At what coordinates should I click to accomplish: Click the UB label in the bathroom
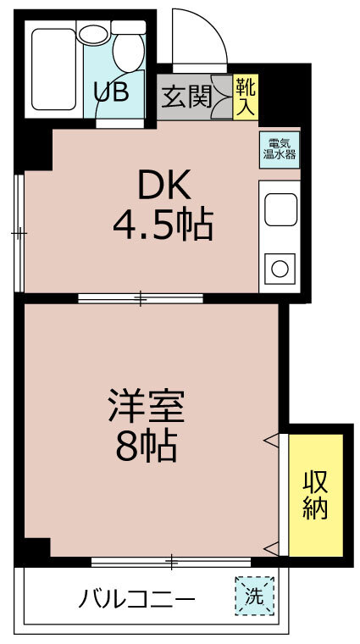pos(111,92)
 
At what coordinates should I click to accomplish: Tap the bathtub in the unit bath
pos(53,69)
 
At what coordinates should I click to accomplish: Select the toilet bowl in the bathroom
pos(129,53)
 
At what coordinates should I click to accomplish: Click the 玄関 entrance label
pos(186,97)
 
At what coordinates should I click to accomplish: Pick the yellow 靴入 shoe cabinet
pos(246,97)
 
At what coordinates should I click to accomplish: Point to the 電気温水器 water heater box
pos(280,149)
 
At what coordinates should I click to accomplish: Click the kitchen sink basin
pos(280,209)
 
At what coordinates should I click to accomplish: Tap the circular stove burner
pos(280,269)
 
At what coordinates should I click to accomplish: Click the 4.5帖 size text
pos(163,225)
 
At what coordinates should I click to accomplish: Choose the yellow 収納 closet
pos(316,495)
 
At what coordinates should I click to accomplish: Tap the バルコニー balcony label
pos(136,602)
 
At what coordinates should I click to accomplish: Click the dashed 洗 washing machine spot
pos(254,596)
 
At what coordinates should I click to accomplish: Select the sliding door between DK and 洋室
pos(141,298)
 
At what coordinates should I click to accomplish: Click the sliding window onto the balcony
pos(171,562)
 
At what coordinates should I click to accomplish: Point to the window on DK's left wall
pos(19,233)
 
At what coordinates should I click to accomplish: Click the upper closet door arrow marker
pos(271,440)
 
